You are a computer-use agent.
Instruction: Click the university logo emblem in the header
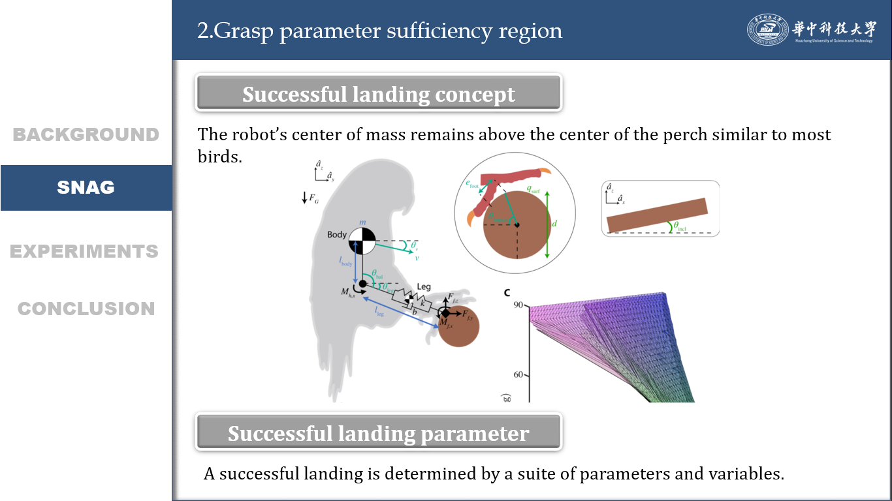pyautogui.click(x=767, y=30)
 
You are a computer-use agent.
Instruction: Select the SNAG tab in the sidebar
pyautogui.click(x=86, y=188)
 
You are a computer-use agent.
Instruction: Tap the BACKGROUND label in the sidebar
pyautogui.click(x=86, y=134)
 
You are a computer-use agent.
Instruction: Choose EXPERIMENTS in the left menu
pyautogui.click(x=84, y=251)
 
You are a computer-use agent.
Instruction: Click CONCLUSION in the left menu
pyautogui.click(x=86, y=309)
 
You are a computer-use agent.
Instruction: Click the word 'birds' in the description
pyautogui.click(x=217, y=157)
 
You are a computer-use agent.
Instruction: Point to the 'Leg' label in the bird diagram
pyautogui.click(x=424, y=286)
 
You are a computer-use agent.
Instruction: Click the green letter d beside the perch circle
pyautogui.click(x=554, y=224)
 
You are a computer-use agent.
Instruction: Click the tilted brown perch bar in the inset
pyautogui.click(x=657, y=215)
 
